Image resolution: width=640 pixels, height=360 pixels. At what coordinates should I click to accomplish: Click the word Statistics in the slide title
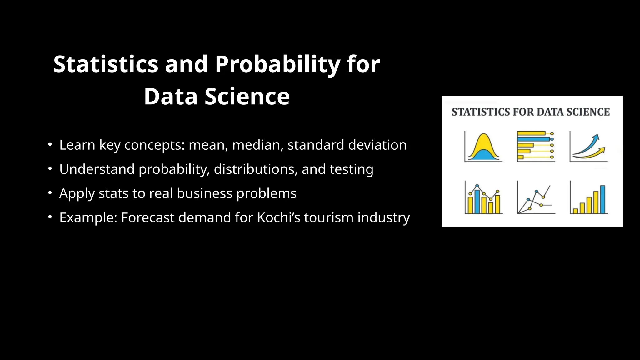pos(106,64)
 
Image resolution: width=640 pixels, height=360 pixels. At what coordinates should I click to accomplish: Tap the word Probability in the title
pos(277,64)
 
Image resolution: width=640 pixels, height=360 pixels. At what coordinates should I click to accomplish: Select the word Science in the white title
pos(247,97)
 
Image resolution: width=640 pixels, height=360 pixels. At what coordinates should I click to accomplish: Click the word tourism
pos(328,217)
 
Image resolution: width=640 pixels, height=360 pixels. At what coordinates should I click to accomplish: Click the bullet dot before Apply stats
pos(50,193)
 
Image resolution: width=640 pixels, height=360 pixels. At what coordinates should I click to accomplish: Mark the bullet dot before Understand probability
pos(50,169)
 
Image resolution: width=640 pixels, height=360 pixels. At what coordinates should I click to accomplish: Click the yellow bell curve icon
pos(483,147)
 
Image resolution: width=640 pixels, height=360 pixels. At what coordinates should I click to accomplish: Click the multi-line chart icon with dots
pos(535,198)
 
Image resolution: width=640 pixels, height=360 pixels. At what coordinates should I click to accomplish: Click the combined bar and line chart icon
pos(483,198)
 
